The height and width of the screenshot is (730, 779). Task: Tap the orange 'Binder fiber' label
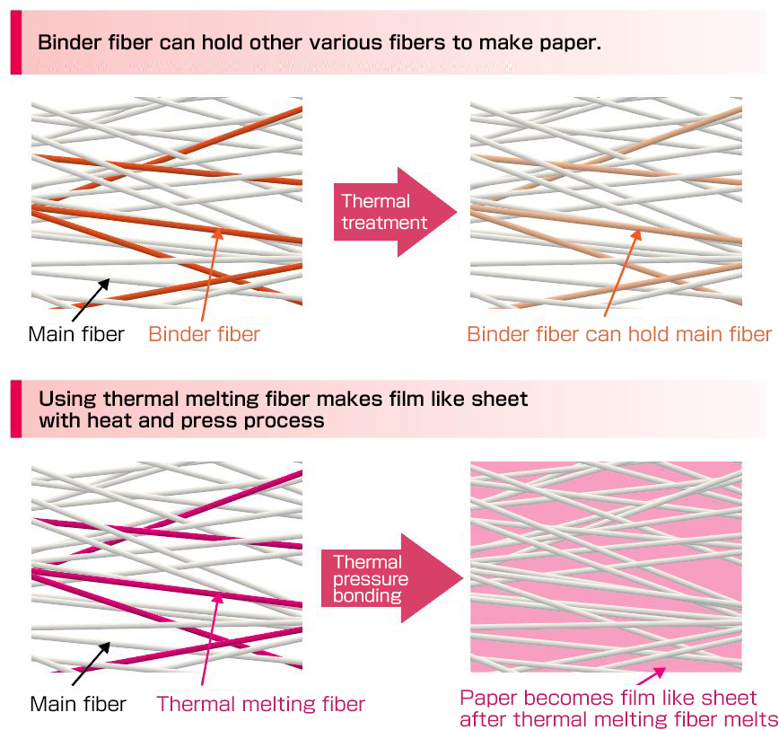point(204,335)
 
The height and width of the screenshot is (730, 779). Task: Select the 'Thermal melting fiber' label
point(261,704)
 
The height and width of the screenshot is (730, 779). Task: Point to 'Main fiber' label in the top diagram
point(76,335)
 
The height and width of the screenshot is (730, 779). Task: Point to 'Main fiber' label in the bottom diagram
point(76,704)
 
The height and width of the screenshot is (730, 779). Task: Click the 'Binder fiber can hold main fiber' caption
point(618,335)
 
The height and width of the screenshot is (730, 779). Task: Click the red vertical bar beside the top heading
point(15,42)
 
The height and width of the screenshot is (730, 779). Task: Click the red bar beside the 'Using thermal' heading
point(15,409)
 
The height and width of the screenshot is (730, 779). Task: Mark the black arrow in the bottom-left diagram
point(91,664)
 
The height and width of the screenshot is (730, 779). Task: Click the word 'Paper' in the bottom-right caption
point(486,699)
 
